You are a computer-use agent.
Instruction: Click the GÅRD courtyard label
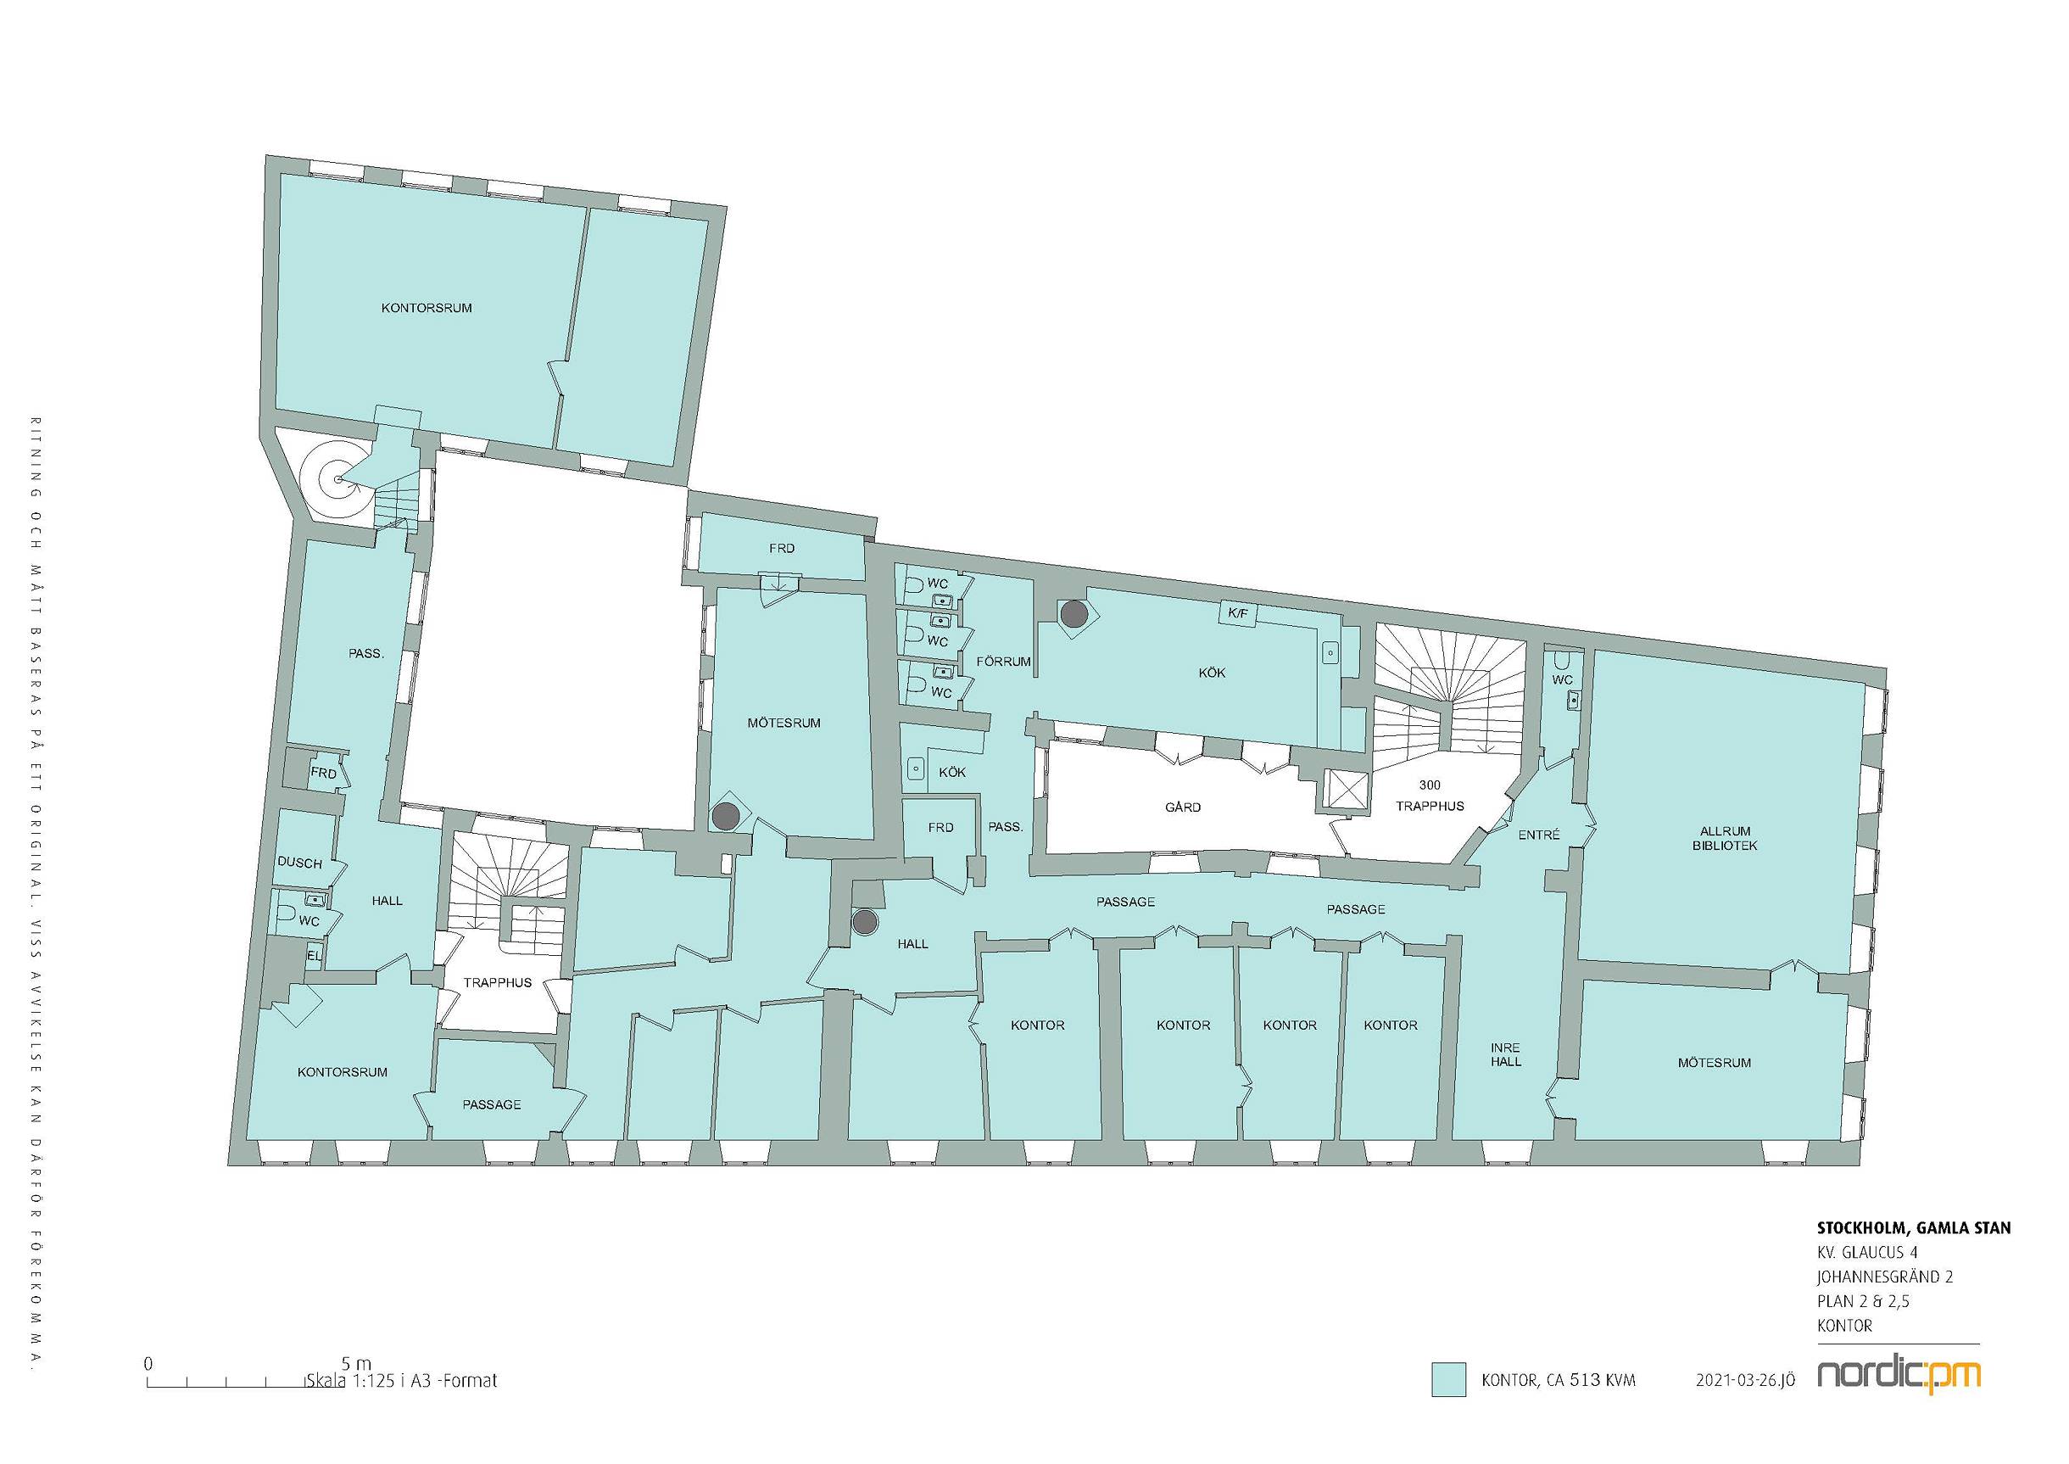coord(1182,807)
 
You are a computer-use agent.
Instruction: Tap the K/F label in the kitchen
coord(1237,614)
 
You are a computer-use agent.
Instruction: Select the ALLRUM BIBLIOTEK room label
coord(1725,838)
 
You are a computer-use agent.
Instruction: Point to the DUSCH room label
coord(299,863)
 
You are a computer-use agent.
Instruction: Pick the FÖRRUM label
coord(1003,662)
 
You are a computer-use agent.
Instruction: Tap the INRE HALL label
coord(1505,1054)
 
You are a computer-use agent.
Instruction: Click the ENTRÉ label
coord(1538,835)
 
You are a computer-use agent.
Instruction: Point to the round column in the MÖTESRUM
coord(725,817)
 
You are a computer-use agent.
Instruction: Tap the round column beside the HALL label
coord(865,921)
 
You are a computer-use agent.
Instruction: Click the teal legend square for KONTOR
coord(1449,1380)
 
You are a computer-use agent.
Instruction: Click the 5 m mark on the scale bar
coord(356,1364)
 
